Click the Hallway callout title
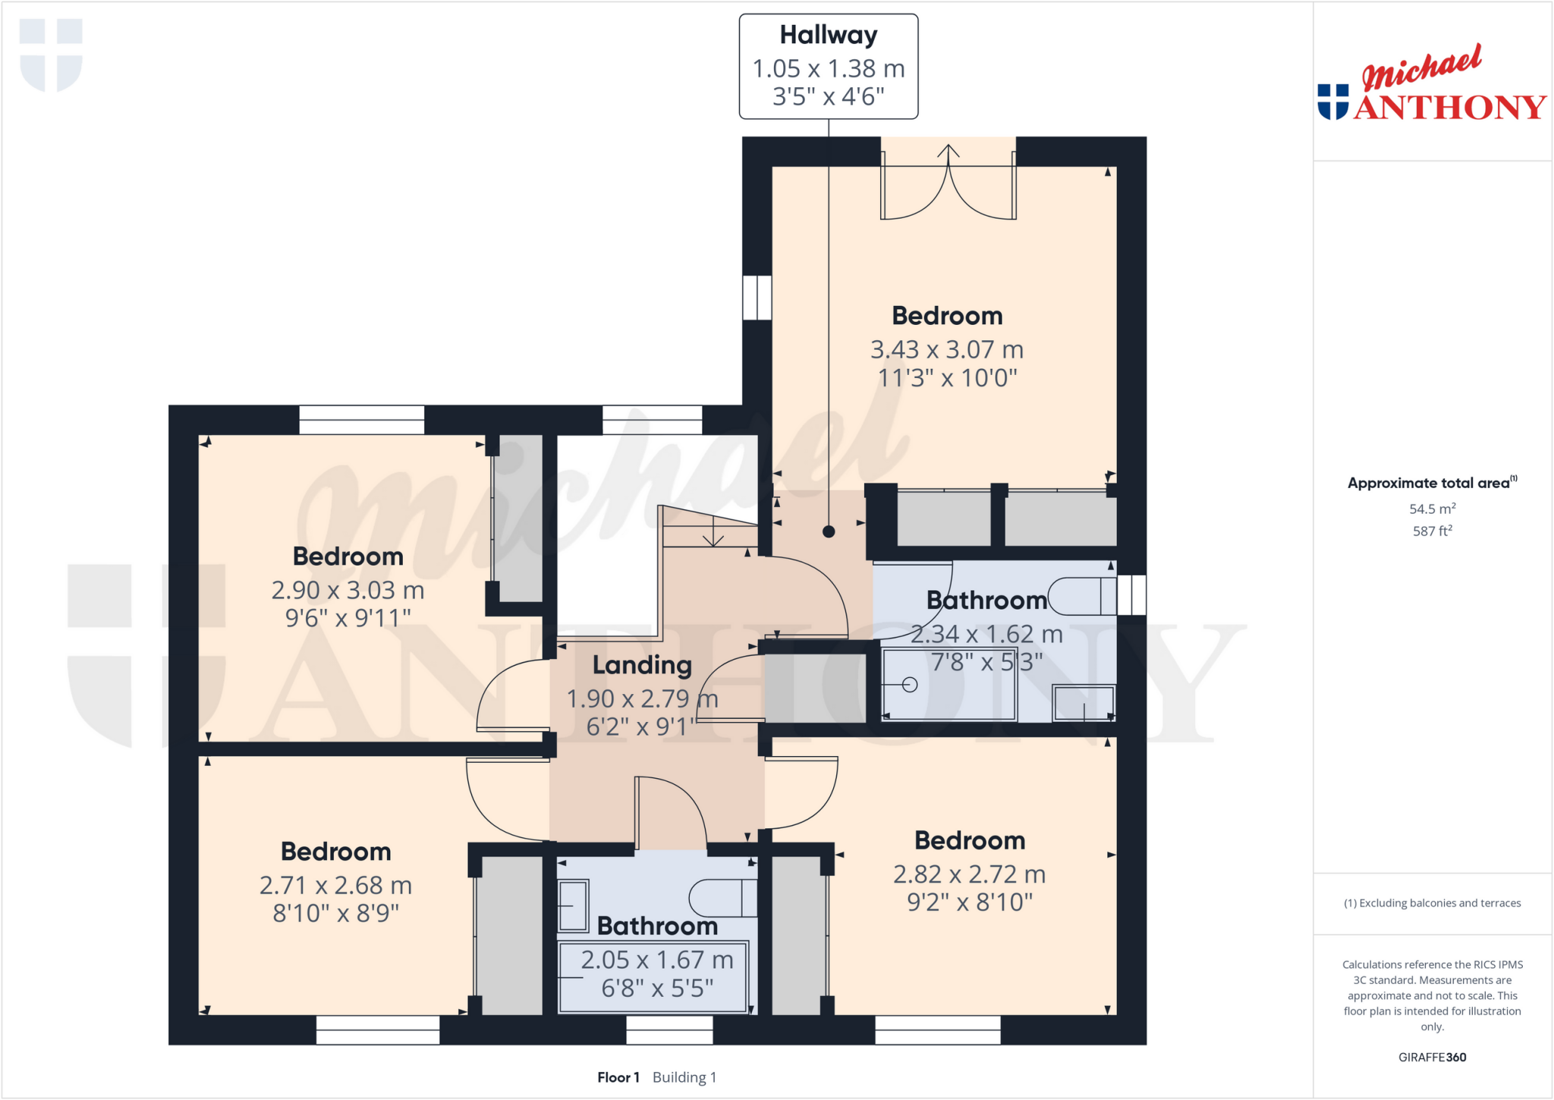(x=828, y=35)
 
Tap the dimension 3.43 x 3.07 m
(x=946, y=349)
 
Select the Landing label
(x=642, y=665)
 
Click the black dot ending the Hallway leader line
(x=829, y=531)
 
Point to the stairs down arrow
(x=713, y=536)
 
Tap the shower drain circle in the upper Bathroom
(x=911, y=685)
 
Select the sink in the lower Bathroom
(x=574, y=905)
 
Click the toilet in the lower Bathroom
(x=721, y=898)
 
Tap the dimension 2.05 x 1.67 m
(x=656, y=960)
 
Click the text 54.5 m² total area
(x=1432, y=509)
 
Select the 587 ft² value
(x=1432, y=531)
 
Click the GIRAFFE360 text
(x=1432, y=1057)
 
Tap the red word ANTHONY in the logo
(x=1449, y=107)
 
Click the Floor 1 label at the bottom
(x=618, y=1077)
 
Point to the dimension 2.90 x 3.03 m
(x=348, y=590)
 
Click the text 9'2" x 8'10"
(x=969, y=903)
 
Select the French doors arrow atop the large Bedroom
(x=948, y=150)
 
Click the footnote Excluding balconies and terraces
(x=1432, y=903)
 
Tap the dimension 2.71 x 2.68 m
(x=335, y=885)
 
